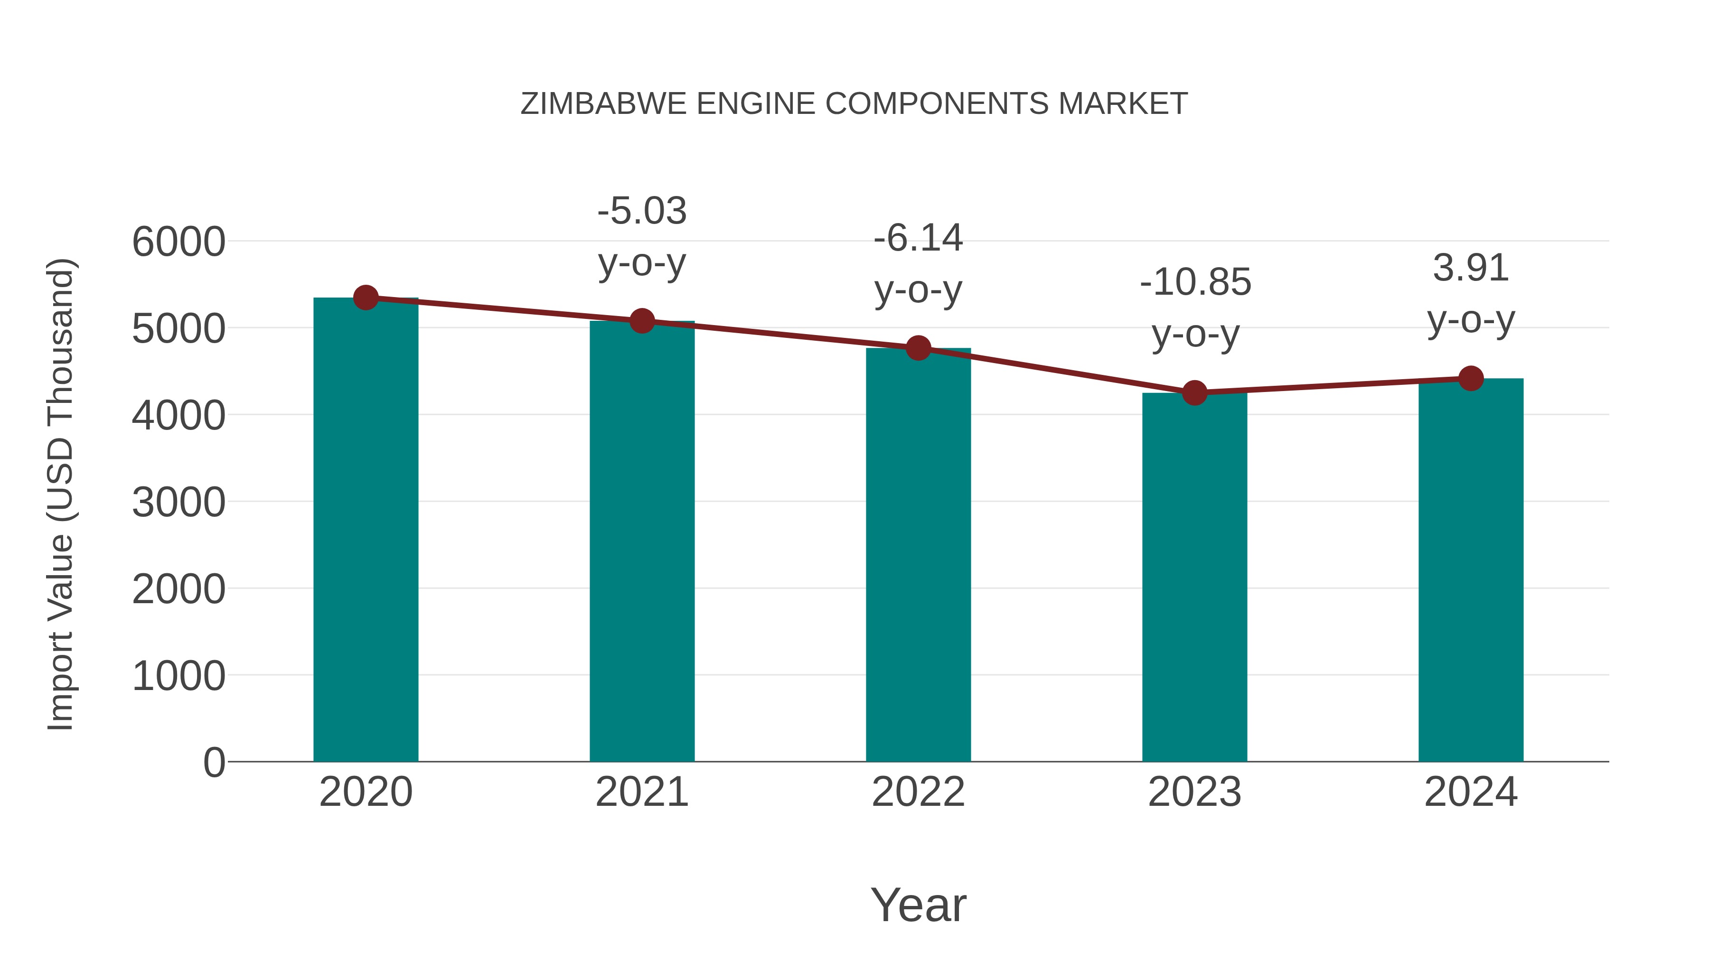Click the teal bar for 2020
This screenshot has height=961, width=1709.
tap(366, 531)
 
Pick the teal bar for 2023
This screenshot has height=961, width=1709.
tap(1194, 577)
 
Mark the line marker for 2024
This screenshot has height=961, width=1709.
tap(1471, 378)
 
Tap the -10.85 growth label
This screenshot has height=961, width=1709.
tap(1195, 282)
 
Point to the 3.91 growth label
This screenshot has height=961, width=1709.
tap(1471, 268)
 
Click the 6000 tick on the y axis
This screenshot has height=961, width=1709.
tap(178, 242)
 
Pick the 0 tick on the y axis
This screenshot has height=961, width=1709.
tap(214, 762)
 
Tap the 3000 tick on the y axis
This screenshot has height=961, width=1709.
tap(178, 502)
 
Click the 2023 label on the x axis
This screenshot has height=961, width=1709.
tap(1194, 792)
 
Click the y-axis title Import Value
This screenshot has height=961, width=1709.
tap(61, 494)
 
